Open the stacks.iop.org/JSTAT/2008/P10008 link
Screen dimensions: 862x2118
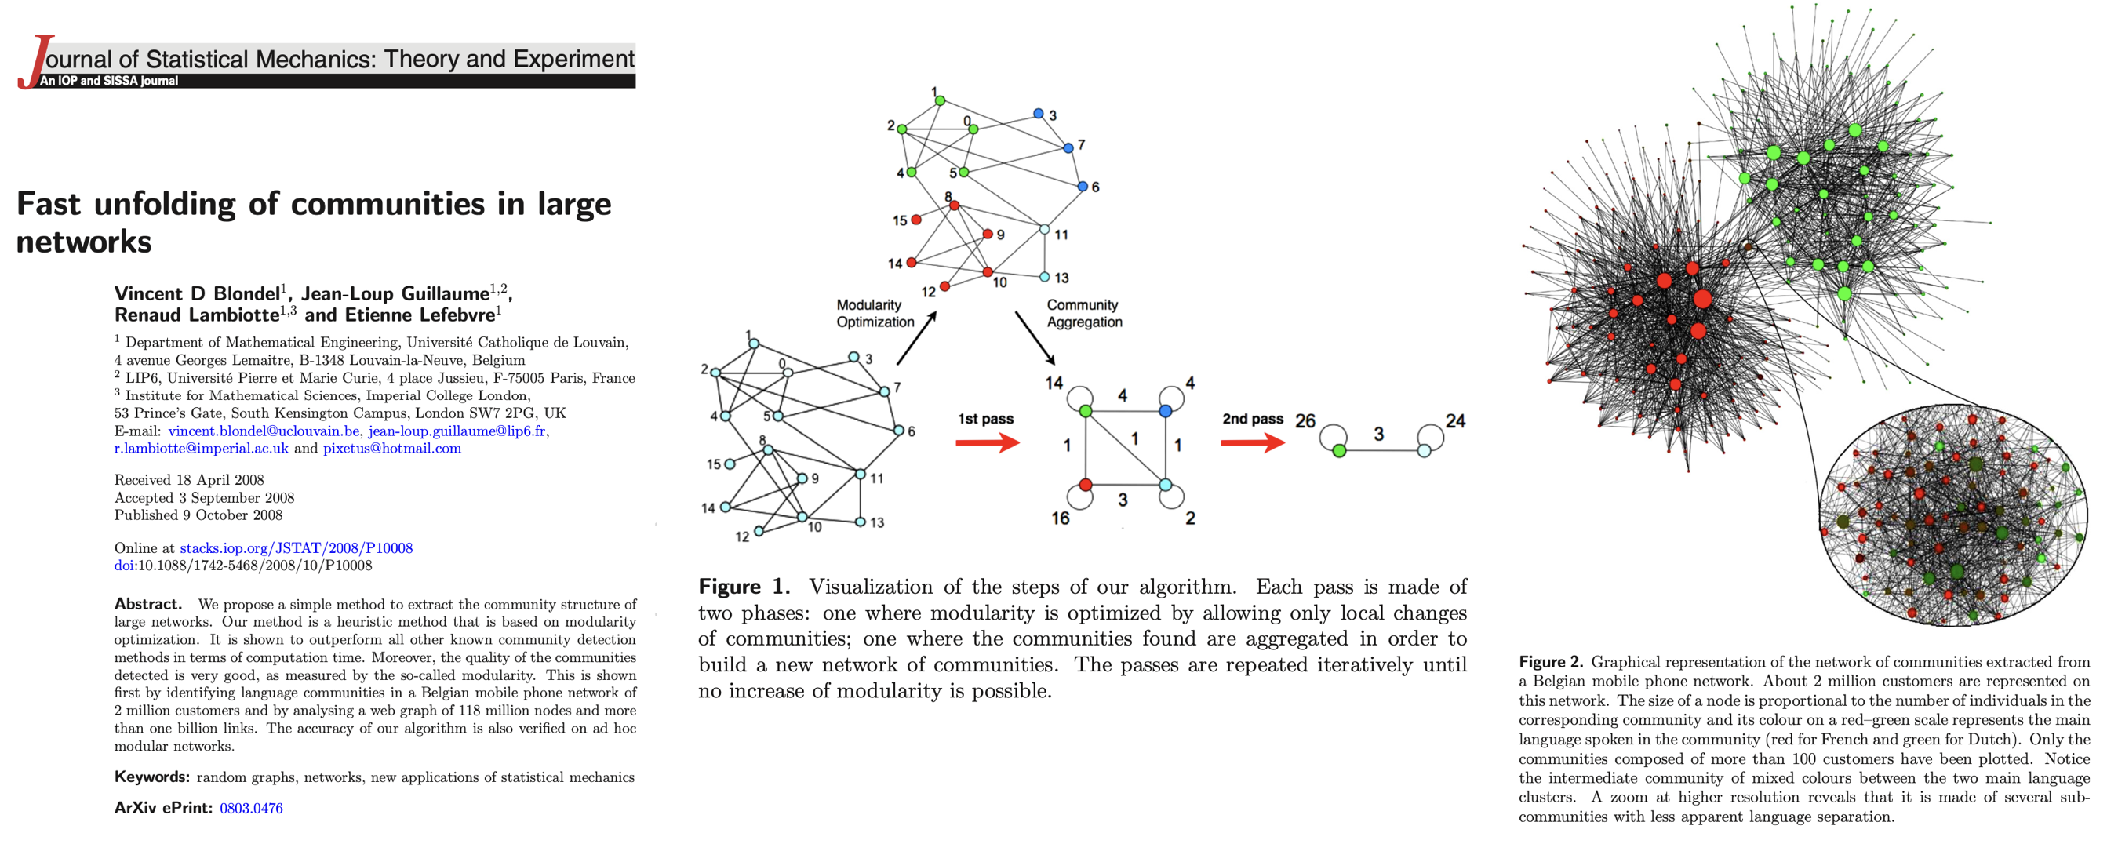(x=296, y=548)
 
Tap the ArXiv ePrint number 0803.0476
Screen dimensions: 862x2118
(x=251, y=809)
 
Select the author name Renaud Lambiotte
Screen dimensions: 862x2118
(x=197, y=315)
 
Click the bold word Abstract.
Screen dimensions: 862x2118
(x=147, y=604)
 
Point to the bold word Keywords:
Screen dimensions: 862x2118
(x=151, y=777)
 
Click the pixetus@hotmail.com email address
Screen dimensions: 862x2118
(x=391, y=449)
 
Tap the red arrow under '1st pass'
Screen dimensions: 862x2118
(x=987, y=444)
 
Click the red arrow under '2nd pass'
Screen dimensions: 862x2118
(x=1252, y=444)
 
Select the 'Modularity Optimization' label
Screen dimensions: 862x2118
(x=875, y=314)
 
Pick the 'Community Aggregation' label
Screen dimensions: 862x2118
(x=1083, y=314)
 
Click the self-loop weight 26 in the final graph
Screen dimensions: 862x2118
(x=1305, y=421)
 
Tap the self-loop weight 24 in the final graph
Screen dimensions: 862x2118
(x=1455, y=421)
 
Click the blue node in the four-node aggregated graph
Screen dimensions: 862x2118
(x=1165, y=411)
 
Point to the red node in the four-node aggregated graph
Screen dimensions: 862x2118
(x=1086, y=485)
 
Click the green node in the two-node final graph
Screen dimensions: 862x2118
(x=1339, y=451)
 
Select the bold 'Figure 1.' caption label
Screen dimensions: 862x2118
(x=744, y=587)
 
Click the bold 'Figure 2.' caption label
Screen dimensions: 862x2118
(x=1550, y=662)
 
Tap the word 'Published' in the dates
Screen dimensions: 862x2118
(x=146, y=515)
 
